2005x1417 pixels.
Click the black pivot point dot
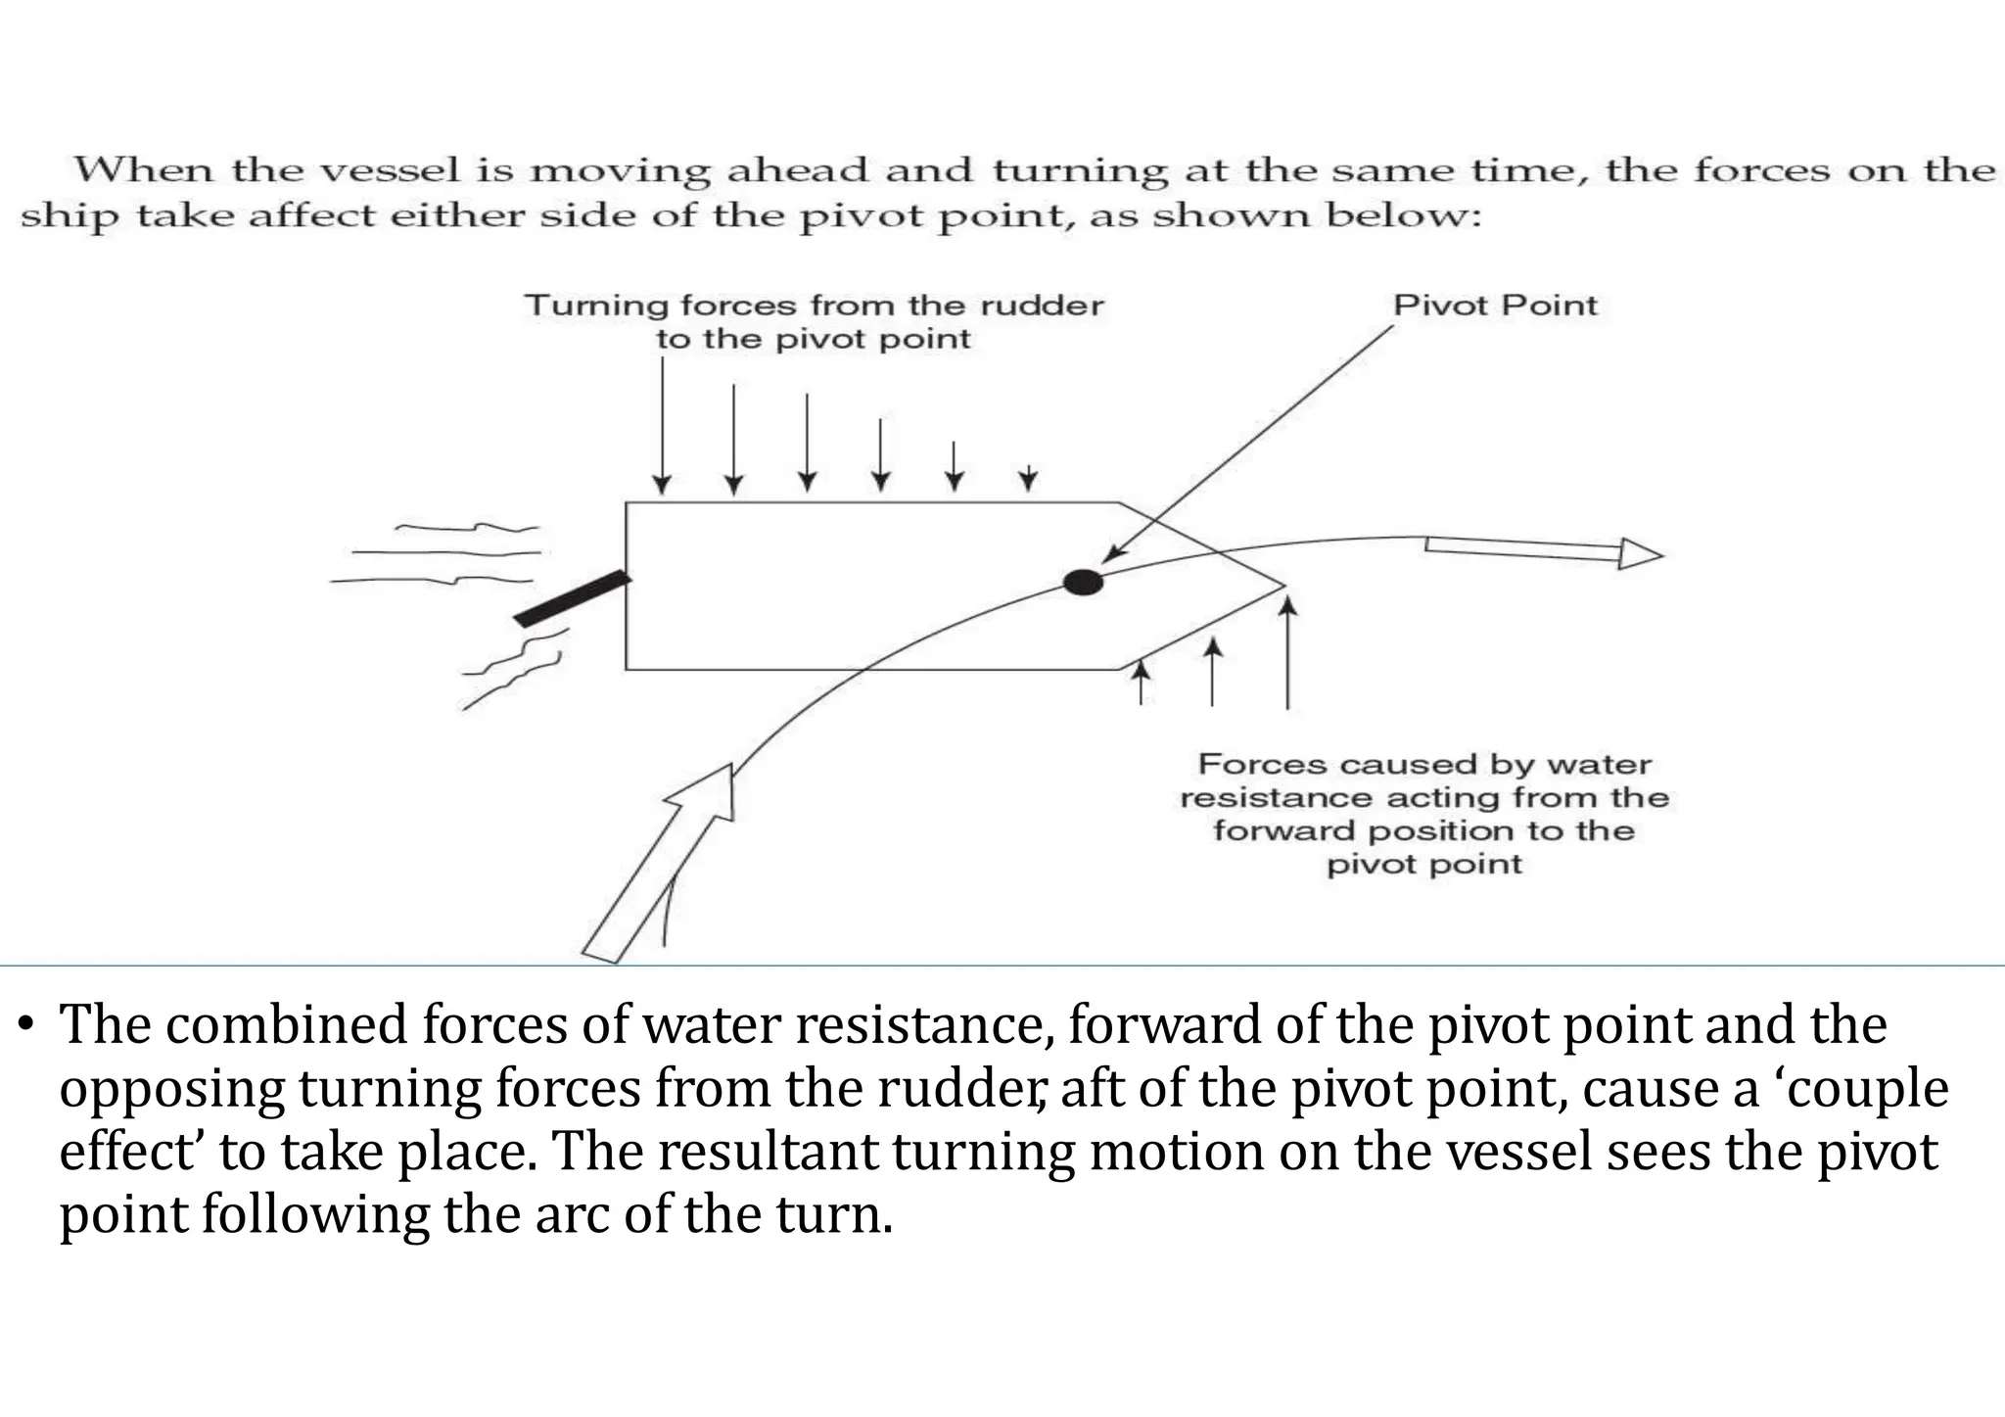(1083, 583)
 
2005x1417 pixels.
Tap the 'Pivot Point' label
(1495, 305)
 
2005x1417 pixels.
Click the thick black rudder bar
(573, 598)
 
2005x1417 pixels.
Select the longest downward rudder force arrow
(663, 426)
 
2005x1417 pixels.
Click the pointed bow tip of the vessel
(1282, 586)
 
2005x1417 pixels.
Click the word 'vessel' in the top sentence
(391, 170)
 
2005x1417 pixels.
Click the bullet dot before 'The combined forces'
(27, 1026)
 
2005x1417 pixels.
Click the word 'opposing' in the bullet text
(170, 1089)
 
